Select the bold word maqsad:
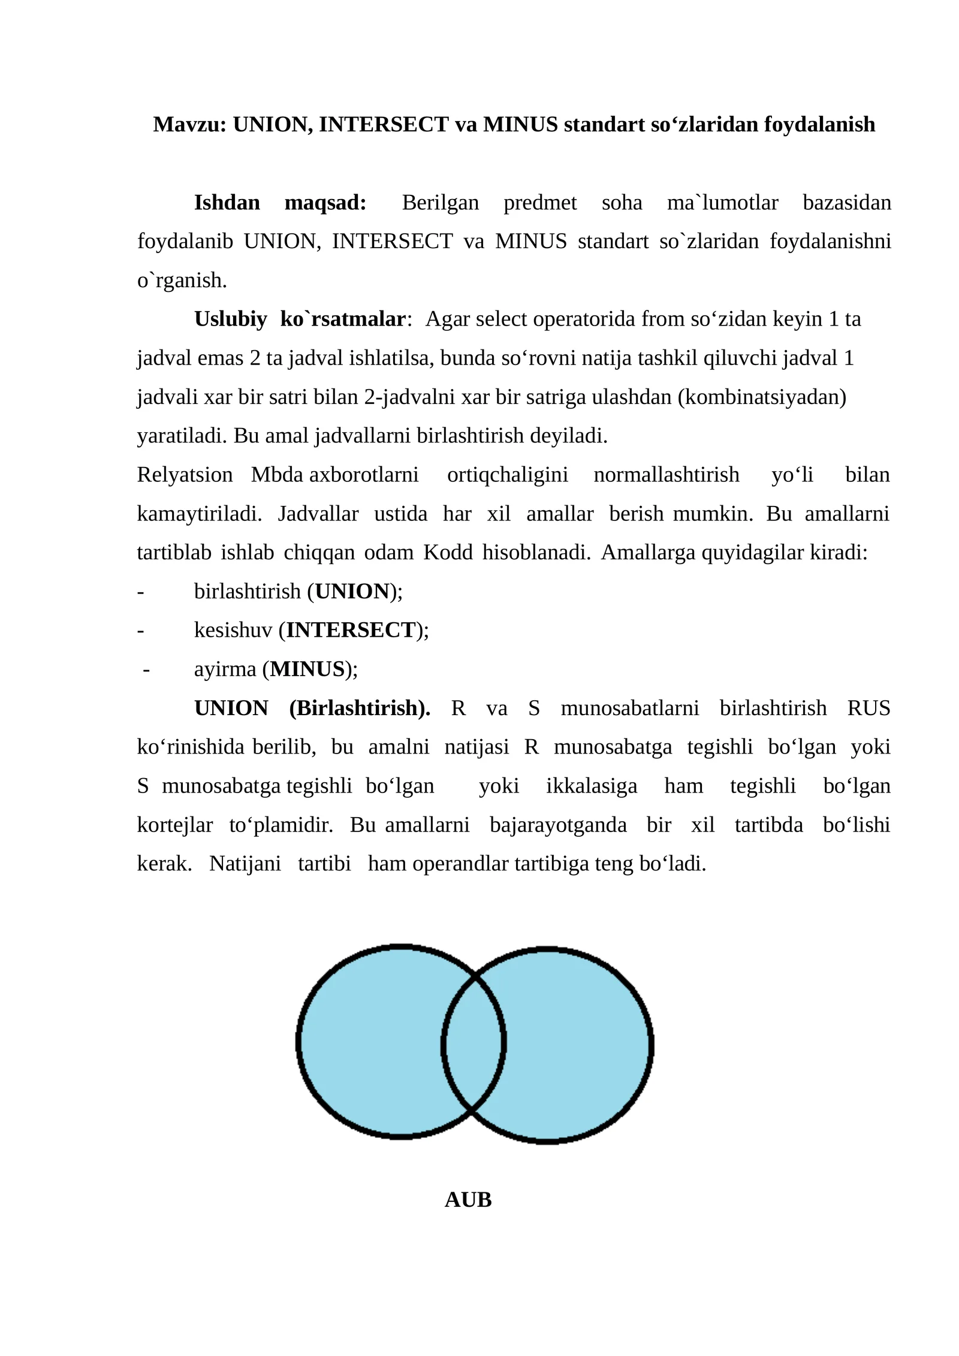325,203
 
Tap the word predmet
539,203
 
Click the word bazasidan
846,203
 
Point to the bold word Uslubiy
230,319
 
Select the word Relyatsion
185,475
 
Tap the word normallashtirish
666,475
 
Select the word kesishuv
233,630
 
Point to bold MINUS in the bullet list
308,669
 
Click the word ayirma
225,669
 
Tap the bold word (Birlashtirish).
360,708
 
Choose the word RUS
868,708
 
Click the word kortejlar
174,825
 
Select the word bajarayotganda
557,825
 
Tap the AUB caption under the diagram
468,1200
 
